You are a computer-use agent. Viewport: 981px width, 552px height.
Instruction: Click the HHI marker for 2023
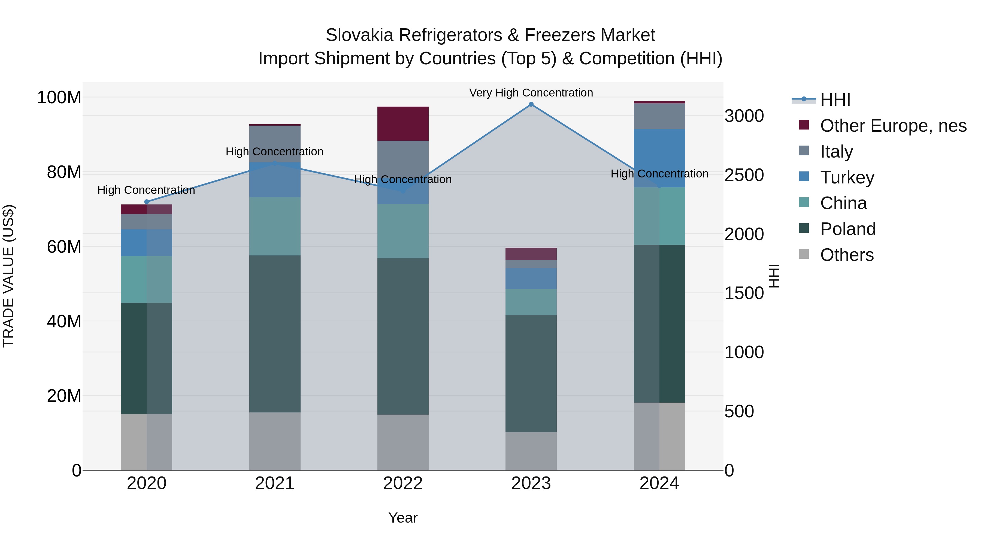531,104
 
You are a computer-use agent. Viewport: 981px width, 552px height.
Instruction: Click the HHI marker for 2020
147,202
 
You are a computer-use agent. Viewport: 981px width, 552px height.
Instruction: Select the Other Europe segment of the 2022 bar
403,124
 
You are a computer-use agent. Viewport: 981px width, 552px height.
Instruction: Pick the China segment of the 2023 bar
531,302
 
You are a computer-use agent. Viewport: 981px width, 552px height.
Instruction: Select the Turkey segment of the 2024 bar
659,158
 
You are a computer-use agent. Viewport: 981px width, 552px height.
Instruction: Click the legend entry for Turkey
847,177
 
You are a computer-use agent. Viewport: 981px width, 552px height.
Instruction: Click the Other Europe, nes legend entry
893,126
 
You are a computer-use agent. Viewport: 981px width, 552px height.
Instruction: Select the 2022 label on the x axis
403,483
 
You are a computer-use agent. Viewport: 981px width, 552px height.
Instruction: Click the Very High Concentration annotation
531,93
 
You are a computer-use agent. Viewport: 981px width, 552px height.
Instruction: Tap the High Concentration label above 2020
146,190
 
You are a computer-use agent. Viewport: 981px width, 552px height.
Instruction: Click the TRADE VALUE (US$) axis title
8,276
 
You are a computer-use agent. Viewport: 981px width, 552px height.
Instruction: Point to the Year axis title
403,518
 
